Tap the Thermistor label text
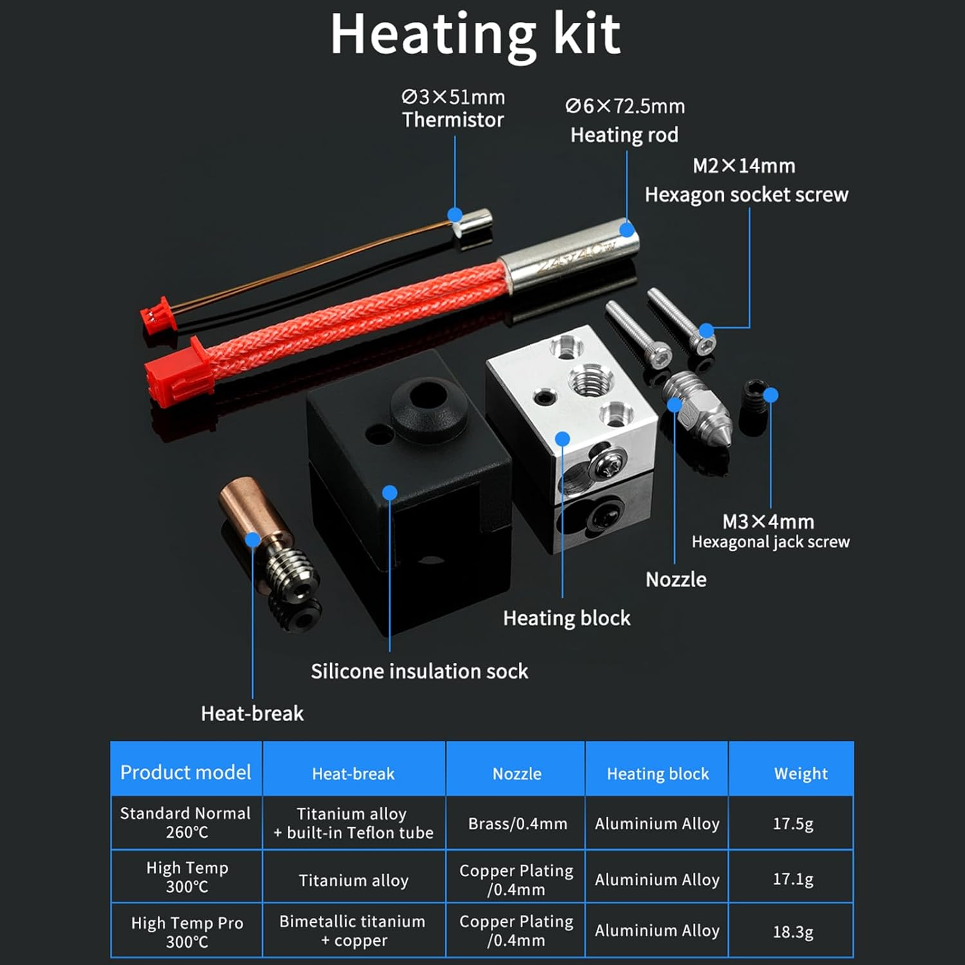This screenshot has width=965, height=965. pyautogui.click(x=453, y=120)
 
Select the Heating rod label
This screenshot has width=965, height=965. pyautogui.click(x=624, y=135)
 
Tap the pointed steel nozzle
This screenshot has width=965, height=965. pyautogui.click(x=695, y=412)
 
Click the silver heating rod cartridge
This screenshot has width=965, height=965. pyautogui.click(x=569, y=257)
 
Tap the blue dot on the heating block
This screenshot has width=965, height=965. pyautogui.click(x=562, y=439)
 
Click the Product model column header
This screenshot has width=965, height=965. pyautogui.click(x=185, y=772)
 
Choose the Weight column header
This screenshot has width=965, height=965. pyautogui.click(x=800, y=773)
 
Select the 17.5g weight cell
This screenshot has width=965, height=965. pyautogui.click(x=793, y=823)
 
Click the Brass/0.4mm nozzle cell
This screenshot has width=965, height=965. pyautogui.click(x=517, y=823)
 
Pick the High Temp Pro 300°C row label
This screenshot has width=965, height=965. pyautogui.click(x=187, y=932)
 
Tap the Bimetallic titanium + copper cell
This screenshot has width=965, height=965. pyautogui.click(x=353, y=931)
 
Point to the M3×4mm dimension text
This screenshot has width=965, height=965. pyautogui.click(x=768, y=521)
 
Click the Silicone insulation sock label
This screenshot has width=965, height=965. pyautogui.click(x=419, y=672)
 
